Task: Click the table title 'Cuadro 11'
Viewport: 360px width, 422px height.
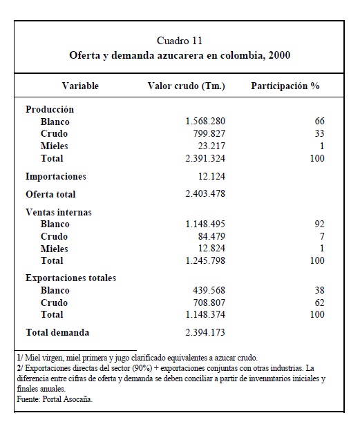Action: pos(180,41)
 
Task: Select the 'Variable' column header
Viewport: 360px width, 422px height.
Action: pos(80,86)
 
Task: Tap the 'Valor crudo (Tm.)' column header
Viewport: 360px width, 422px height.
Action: pos(187,86)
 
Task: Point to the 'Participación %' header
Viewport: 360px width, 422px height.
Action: pos(285,86)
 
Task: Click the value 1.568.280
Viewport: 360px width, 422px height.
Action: pos(205,121)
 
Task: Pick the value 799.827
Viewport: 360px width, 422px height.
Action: pos(209,133)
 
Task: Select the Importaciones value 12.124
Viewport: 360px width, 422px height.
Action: pos(211,176)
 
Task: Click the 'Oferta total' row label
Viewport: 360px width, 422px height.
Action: pos(50,194)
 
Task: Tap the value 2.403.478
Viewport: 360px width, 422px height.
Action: pos(205,194)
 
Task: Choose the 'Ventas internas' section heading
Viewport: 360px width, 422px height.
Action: pos(59,212)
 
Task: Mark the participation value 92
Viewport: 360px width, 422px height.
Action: pos(320,224)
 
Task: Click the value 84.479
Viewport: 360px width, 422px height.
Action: pos(211,236)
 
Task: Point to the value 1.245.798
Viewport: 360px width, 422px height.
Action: pos(205,260)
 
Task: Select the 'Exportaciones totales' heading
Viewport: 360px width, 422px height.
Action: pos(70,278)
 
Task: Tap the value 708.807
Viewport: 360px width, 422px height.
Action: pos(209,303)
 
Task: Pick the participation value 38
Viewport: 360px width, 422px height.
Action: pos(320,290)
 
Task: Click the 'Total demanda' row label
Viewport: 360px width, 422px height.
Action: pos(57,332)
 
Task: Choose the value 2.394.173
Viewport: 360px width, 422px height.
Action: pos(205,332)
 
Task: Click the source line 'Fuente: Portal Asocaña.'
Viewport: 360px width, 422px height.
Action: pos(55,399)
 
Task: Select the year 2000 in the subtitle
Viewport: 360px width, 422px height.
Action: pos(279,55)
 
